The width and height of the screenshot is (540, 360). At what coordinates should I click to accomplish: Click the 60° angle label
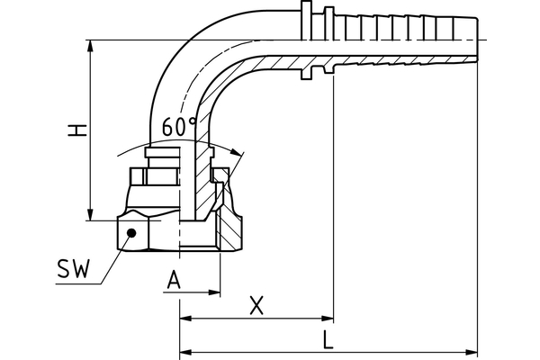tap(180, 128)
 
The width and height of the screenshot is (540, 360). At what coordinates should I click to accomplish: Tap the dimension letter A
tap(175, 280)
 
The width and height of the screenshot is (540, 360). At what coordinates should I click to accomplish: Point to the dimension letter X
tap(256, 306)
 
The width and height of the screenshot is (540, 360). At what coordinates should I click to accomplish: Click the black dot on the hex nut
tap(131, 232)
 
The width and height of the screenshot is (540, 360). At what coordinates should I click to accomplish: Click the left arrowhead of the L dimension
tap(186, 350)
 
